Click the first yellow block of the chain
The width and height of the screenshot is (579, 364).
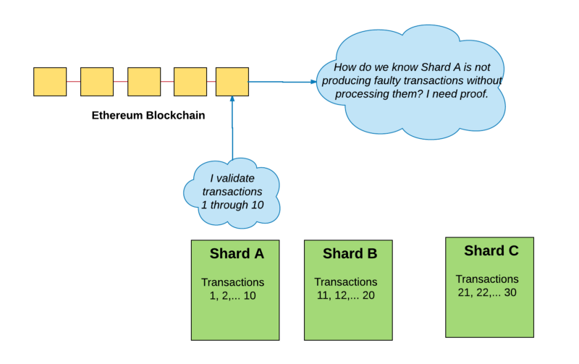click(x=50, y=82)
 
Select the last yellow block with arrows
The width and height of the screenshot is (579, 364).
click(x=232, y=82)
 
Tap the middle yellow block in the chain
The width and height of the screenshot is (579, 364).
click(x=143, y=82)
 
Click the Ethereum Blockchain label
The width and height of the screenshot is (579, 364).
click(x=148, y=115)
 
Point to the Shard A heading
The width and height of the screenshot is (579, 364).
click(x=237, y=254)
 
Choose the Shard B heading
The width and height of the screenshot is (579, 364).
click(x=350, y=254)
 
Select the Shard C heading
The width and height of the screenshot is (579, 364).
click(x=491, y=251)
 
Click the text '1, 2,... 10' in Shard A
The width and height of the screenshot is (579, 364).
click(x=232, y=295)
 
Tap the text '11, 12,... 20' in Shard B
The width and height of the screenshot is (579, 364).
click(x=345, y=295)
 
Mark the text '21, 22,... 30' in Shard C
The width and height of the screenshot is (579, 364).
click(x=487, y=292)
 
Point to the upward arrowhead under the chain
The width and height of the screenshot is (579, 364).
click(x=232, y=100)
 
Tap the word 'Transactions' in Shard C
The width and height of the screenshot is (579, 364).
click(x=487, y=279)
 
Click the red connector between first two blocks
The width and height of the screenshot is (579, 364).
click(x=73, y=82)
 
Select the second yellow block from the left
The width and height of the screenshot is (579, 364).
click(x=97, y=82)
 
